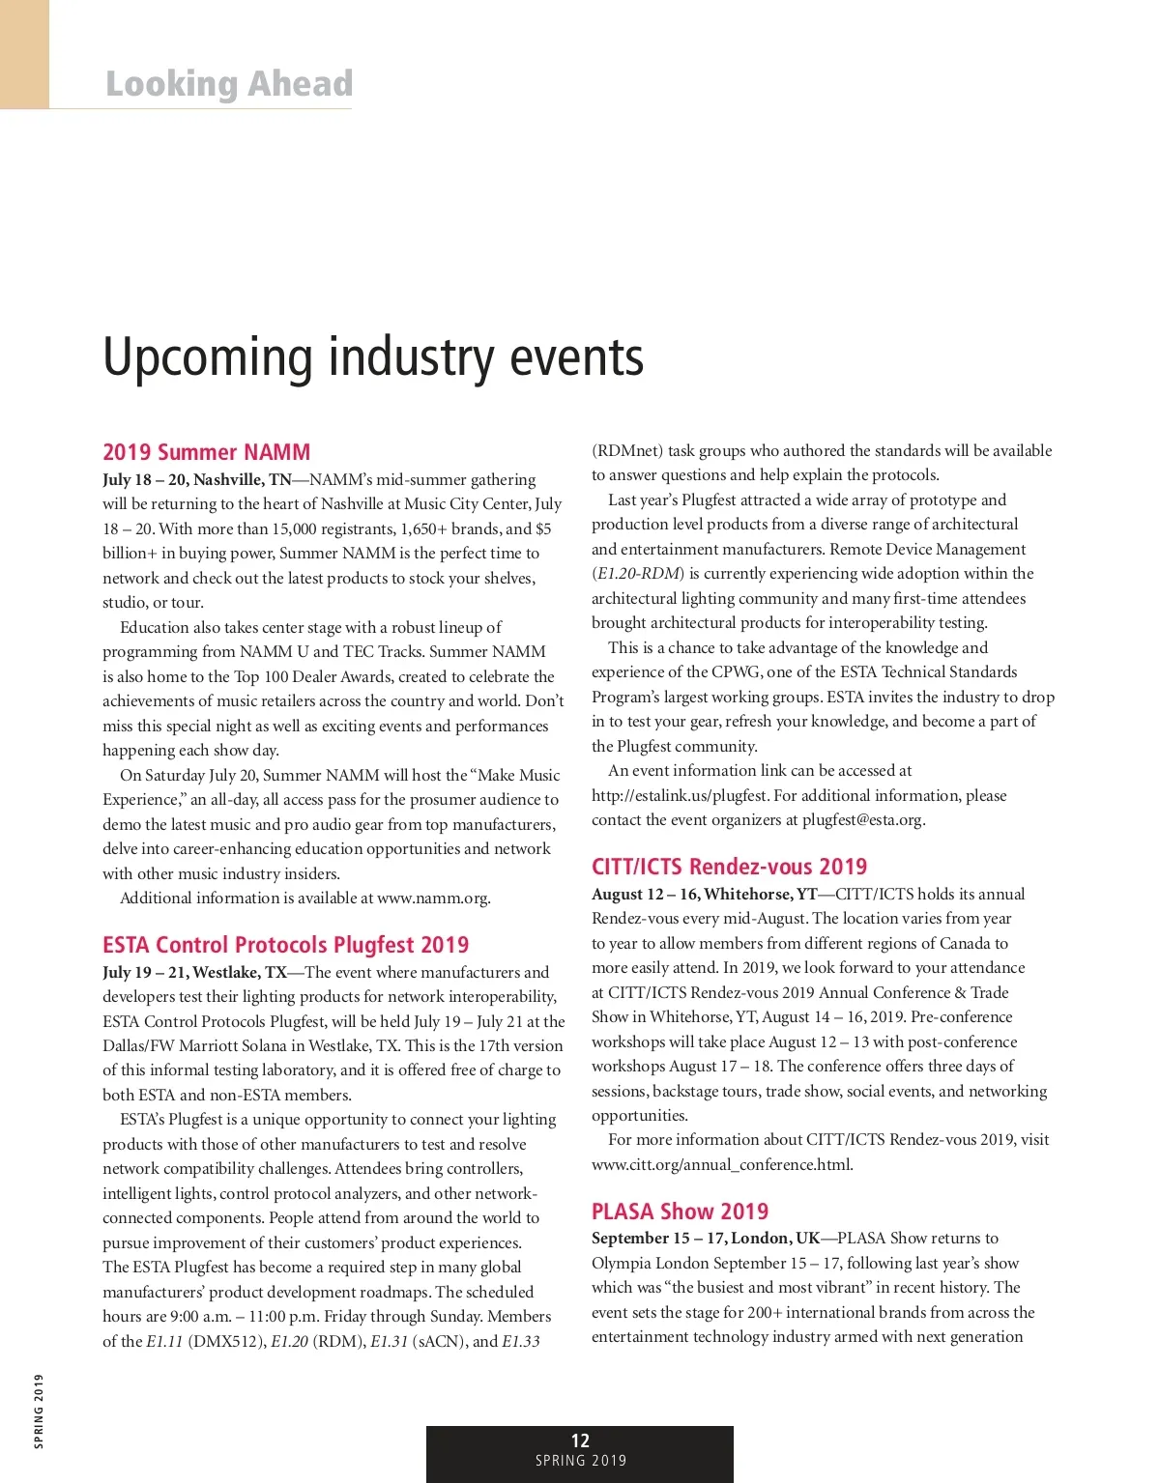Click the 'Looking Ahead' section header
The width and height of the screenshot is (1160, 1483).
(x=229, y=84)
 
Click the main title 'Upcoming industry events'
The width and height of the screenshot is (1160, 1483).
(x=373, y=357)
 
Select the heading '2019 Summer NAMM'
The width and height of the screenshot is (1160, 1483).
(x=207, y=452)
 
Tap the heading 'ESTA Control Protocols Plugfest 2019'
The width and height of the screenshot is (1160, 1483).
(x=286, y=945)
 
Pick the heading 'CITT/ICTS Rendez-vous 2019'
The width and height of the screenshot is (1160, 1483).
(x=730, y=867)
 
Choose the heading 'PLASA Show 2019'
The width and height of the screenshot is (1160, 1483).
(x=680, y=1212)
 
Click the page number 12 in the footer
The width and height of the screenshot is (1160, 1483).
(x=580, y=1440)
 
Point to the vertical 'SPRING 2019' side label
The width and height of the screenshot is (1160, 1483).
(x=39, y=1412)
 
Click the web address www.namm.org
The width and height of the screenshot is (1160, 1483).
(x=432, y=898)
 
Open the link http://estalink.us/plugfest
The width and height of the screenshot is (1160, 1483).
(x=681, y=796)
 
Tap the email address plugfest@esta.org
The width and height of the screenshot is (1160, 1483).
(x=862, y=820)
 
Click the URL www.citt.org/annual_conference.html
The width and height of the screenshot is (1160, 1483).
(x=721, y=1164)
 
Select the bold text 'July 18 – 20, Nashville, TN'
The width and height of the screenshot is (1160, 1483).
(x=197, y=480)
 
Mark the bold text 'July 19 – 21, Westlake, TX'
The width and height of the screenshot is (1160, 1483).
(x=195, y=973)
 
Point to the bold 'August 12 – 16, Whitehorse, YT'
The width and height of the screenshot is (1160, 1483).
(x=705, y=895)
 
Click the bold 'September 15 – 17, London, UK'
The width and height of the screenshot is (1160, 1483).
(x=706, y=1239)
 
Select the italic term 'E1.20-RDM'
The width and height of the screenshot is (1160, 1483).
(x=639, y=574)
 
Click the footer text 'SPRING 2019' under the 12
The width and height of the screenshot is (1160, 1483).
(x=581, y=1462)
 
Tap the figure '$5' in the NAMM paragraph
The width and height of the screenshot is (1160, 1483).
(x=542, y=529)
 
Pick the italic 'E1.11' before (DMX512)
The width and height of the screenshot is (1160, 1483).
(x=164, y=1341)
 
